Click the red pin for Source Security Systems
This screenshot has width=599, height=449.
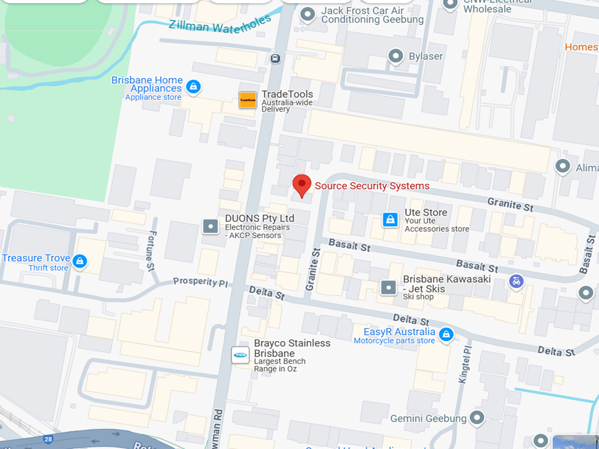[302, 185]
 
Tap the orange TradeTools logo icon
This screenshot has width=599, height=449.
[248, 100]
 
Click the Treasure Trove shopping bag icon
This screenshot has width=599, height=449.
[79, 261]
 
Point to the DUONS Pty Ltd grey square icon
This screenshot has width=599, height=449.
[211, 226]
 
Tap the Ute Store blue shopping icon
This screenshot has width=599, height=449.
[390, 220]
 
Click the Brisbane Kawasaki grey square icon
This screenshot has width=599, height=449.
[388, 287]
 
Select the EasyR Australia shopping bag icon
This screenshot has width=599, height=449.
[446, 335]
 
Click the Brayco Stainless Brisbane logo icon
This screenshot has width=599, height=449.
[240, 355]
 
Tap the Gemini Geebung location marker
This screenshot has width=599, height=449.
[477, 417]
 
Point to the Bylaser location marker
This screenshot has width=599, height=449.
[396, 57]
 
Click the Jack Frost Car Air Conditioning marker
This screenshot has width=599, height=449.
[307, 14]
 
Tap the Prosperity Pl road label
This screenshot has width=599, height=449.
[200, 282]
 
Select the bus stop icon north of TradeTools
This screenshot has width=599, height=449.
[275, 59]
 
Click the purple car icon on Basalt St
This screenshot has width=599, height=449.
[516, 281]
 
